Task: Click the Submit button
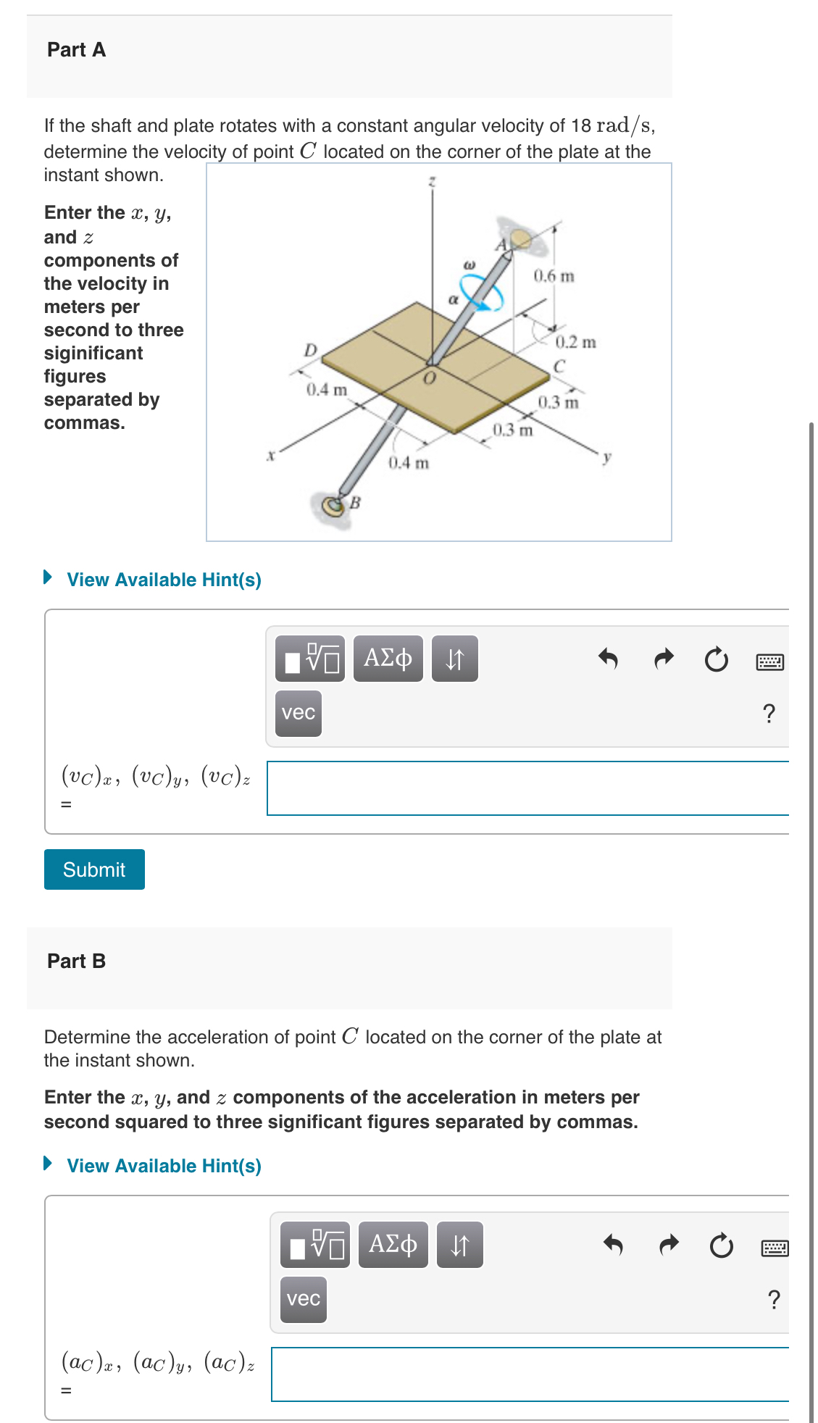(94, 869)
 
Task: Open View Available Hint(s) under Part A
(163, 580)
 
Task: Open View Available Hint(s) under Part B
(163, 1166)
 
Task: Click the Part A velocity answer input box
(527, 788)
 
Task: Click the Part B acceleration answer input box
(530, 1374)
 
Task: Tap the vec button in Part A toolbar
(298, 713)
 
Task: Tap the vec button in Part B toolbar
(303, 1299)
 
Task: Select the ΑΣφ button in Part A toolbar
(388, 658)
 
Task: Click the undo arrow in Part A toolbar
(608, 659)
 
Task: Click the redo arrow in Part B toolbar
(669, 1245)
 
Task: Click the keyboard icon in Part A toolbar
(769, 661)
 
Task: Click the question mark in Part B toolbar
(774, 1300)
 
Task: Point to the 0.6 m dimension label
(554, 276)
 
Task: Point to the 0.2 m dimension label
(575, 342)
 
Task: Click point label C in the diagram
(559, 366)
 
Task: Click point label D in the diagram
(310, 351)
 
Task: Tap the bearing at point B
(334, 506)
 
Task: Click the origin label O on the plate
(430, 378)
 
